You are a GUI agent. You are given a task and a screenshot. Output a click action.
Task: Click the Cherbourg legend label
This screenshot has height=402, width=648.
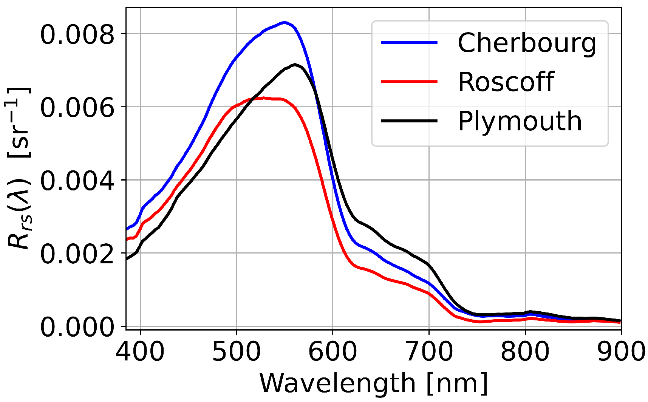527,43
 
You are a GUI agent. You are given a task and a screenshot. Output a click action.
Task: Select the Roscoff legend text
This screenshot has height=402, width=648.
506,82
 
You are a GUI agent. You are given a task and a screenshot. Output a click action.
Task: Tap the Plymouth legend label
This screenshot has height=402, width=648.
520,122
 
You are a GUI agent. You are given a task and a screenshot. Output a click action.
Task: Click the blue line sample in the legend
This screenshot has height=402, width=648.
409,43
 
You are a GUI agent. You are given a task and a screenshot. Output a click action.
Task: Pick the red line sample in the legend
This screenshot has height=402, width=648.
409,82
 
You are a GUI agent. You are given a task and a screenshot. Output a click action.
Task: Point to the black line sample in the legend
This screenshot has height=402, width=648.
409,121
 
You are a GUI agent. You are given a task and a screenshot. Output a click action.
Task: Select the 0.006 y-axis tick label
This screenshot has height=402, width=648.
77,108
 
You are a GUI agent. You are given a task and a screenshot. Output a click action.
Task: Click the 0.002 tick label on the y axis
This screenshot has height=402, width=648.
77,254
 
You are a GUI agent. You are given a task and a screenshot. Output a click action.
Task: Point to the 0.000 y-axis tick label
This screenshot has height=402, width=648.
77,327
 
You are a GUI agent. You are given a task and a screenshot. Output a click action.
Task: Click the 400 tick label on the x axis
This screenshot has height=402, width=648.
140,351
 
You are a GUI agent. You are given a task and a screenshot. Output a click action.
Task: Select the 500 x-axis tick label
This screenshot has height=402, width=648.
237,351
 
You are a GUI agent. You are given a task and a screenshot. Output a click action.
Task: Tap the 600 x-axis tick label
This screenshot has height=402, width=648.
333,351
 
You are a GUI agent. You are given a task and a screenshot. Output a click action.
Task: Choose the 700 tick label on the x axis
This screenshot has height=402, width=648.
429,351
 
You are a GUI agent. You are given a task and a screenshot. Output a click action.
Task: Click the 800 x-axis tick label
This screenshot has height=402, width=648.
525,351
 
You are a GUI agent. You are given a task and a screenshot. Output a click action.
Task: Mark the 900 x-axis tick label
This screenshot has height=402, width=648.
621,351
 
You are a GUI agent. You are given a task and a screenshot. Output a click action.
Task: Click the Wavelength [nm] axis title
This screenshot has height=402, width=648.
373,384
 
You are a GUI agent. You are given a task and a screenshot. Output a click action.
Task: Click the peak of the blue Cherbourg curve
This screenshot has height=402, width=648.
285,22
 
